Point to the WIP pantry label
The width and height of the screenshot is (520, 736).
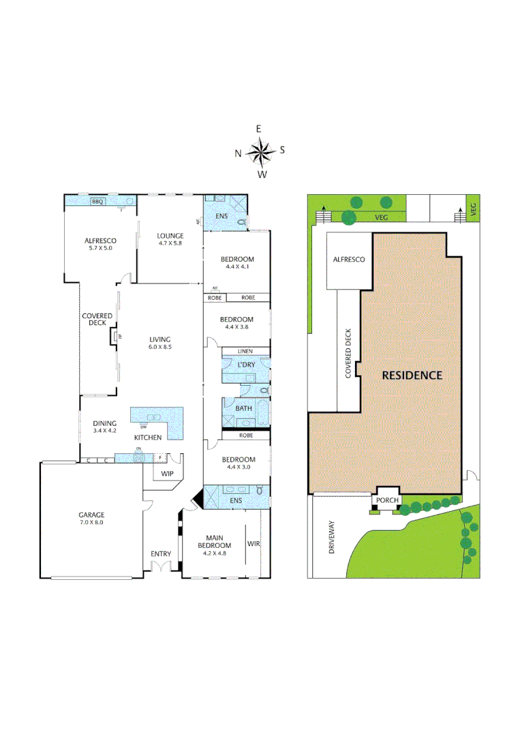pos(168,473)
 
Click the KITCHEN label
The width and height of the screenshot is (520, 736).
pos(147,436)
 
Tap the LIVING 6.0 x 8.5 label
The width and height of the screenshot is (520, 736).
pos(160,343)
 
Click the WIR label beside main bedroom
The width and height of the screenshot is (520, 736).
pos(254,544)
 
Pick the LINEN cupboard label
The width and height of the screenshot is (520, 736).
pos(245,351)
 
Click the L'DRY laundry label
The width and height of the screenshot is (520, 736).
pos(245,366)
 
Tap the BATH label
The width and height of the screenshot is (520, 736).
pos(243,409)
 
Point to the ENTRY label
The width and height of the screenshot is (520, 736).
pos(161,554)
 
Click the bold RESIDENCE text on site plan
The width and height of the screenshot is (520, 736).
pos(412,375)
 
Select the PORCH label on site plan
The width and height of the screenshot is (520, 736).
pos(386,500)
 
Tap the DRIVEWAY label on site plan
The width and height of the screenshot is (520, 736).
pos(332,536)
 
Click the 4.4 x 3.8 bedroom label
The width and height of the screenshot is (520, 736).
pos(236,324)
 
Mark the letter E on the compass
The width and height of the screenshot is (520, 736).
pos(259,129)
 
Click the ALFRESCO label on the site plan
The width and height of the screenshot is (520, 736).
pos(348,260)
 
